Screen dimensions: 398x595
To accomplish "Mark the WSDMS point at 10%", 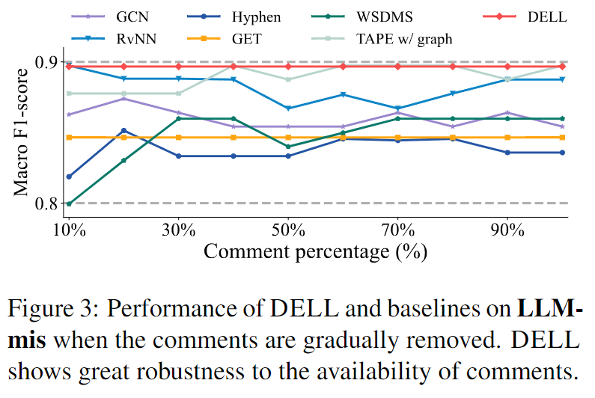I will pos(69,203).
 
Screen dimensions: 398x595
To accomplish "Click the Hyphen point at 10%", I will pos(69,177).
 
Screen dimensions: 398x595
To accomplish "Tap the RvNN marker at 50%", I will pos(288,108).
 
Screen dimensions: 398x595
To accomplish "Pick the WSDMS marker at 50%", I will pos(288,147).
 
